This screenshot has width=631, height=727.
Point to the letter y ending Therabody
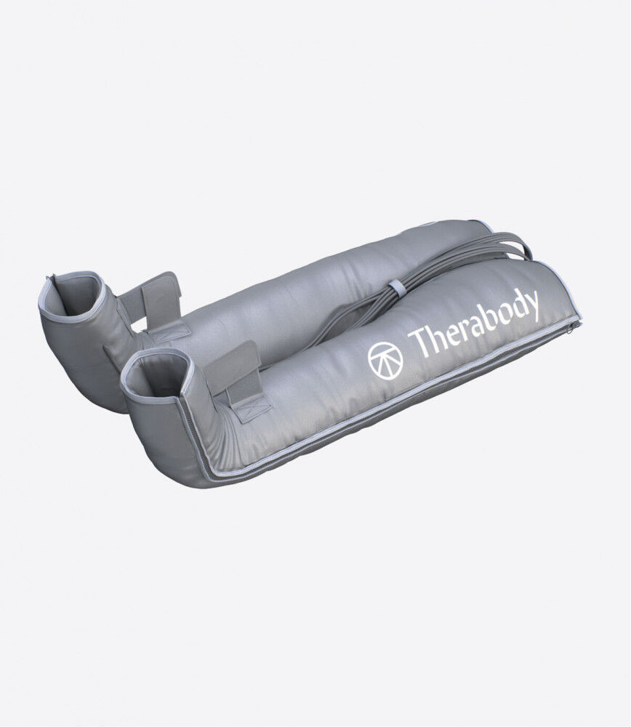click(532, 305)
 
